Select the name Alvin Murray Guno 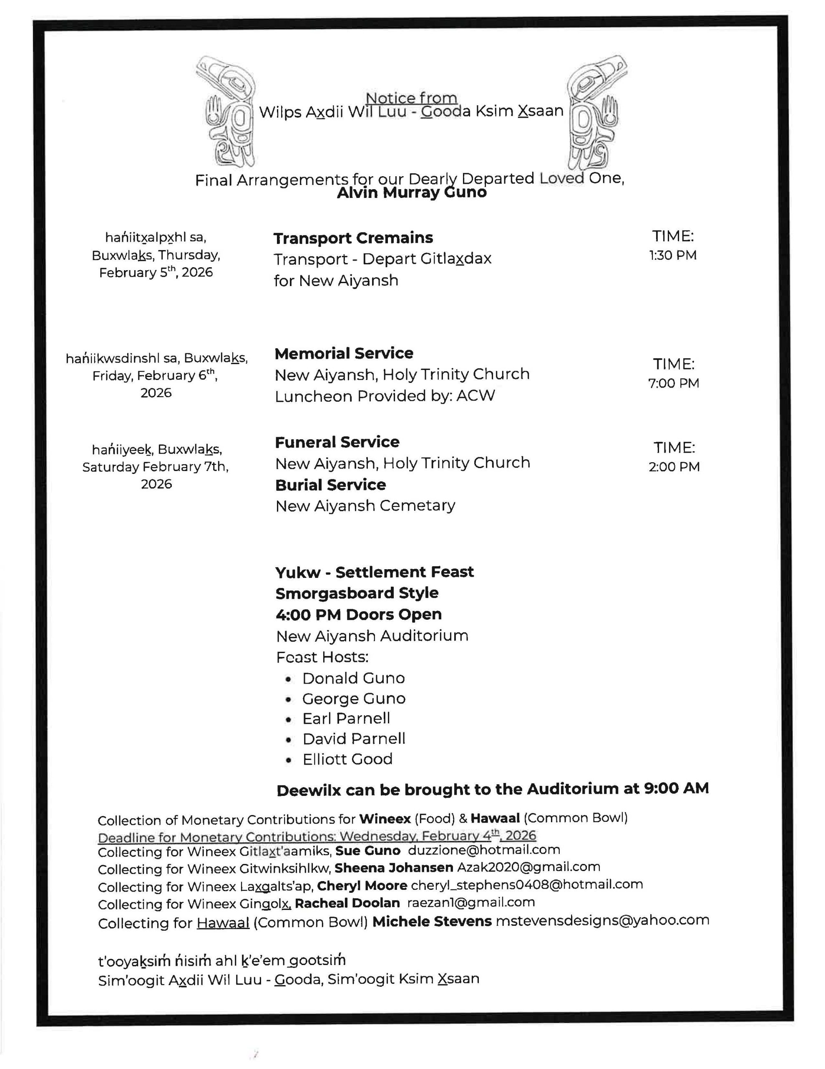tap(412, 193)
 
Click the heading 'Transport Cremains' tap(353, 238)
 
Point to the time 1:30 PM tap(673, 255)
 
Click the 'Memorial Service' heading tap(344, 353)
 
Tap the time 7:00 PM tap(674, 383)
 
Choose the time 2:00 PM tap(674, 466)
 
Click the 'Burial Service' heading tap(331, 484)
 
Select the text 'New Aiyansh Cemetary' tap(365, 506)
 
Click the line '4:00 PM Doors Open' tap(358, 614)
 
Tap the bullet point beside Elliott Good tap(289, 760)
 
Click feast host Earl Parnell tap(346, 718)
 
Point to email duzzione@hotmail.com tap(484, 850)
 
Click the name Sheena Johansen tap(394, 867)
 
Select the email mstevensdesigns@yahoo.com tap(602, 920)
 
